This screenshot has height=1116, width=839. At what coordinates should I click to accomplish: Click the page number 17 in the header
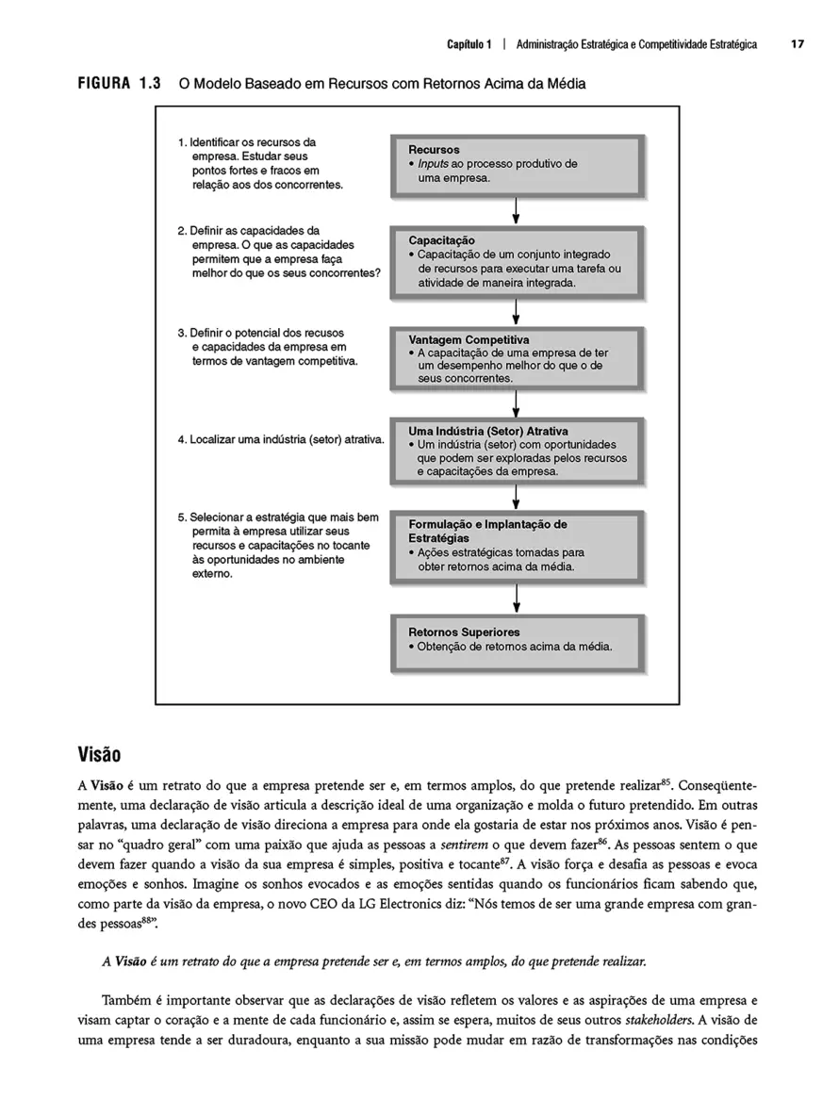(x=798, y=44)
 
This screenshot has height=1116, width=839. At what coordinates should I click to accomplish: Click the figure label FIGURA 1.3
(x=119, y=84)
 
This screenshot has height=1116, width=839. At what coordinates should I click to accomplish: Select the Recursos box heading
(x=434, y=150)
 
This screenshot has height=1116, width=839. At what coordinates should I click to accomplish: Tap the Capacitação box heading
(x=441, y=240)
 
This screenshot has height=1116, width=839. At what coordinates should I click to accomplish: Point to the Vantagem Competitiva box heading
(x=469, y=339)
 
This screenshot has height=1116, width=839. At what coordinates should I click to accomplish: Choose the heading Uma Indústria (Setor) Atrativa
(x=502, y=431)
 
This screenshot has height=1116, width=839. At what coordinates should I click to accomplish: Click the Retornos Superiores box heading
(x=464, y=632)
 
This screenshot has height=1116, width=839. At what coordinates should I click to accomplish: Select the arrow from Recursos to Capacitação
(x=517, y=211)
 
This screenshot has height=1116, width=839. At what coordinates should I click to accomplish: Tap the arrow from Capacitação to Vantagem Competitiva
(x=517, y=312)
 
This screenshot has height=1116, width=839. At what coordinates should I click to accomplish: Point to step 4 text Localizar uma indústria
(x=280, y=439)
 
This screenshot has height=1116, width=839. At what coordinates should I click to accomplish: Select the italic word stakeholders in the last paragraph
(x=659, y=1019)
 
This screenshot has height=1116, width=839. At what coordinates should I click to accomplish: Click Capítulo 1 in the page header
(x=468, y=44)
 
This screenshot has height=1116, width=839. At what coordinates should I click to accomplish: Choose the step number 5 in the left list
(x=181, y=517)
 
